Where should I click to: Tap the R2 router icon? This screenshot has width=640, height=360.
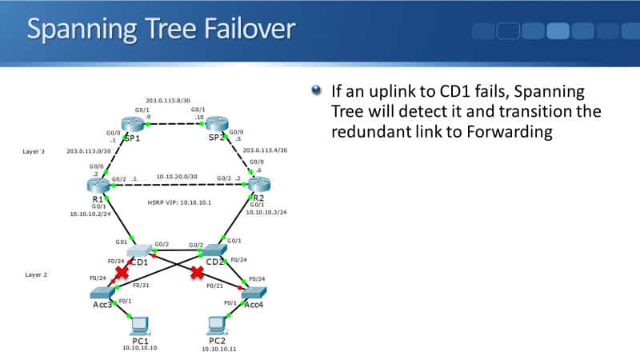pos(255,186)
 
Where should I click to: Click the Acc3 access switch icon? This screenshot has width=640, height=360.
pos(102,293)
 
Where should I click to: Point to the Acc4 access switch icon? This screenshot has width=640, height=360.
pos(254,293)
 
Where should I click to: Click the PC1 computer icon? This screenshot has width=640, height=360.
pos(139,325)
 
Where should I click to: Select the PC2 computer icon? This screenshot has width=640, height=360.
pos(215,325)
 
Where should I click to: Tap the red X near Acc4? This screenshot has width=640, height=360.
pos(195,274)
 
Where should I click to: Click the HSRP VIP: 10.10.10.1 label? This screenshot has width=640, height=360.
pos(179,202)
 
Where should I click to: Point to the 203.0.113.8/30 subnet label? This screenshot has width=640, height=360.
pos(168,101)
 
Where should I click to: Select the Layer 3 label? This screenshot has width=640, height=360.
pos(35,150)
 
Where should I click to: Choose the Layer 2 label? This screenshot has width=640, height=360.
pos(35,274)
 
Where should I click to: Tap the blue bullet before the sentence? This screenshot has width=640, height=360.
pos(317,90)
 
